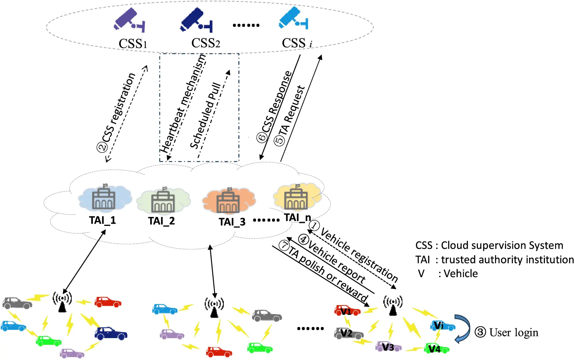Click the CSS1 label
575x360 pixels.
[x=133, y=44]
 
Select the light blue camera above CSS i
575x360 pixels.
[x=293, y=18]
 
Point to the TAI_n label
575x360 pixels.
[x=297, y=218]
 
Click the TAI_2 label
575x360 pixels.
[x=161, y=221]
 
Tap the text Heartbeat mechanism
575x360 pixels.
[x=183, y=104]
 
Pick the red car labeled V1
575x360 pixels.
[x=347, y=311]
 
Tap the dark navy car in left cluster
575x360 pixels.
[x=111, y=333]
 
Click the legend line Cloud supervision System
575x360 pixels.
[x=489, y=246]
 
